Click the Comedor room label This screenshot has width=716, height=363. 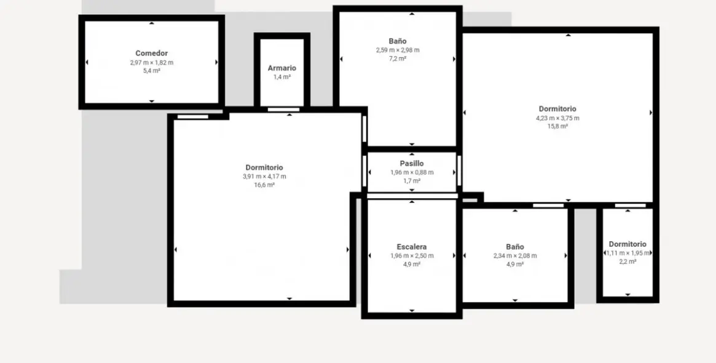151,54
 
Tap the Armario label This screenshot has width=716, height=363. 282,68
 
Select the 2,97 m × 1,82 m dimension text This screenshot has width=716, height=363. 151,63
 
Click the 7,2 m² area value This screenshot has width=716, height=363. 398,58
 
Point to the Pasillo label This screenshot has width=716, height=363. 412,164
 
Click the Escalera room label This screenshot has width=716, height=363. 412,247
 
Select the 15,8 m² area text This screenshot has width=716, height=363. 557,126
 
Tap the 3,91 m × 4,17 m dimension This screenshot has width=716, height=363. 264,177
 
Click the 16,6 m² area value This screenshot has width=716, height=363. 264,185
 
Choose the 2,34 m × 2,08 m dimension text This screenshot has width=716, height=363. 515,256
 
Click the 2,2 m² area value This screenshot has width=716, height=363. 627,261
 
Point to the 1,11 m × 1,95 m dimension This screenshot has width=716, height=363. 627,253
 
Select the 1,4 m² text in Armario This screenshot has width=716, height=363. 282,77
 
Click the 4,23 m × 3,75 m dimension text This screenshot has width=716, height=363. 557,118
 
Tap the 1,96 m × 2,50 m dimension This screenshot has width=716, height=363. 412,256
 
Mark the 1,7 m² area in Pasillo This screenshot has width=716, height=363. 412,181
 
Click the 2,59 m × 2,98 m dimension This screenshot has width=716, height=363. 398,50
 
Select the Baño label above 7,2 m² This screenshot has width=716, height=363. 398,41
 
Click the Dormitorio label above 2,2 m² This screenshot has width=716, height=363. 627,244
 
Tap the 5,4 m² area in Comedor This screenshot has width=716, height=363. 151,71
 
